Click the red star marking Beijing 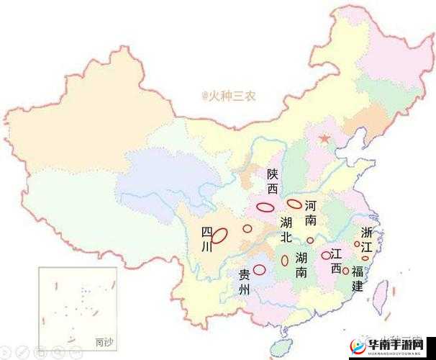(x=325, y=138)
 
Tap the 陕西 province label (x=271, y=181)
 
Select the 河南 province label (x=310, y=212)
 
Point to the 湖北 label (x=286, y=229)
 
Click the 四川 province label (x=206, y=239)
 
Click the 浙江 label (x=367, y=240)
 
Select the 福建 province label (x=358, y=279)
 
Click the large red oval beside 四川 (x=220, y=235)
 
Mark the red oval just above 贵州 (x=260, y=269)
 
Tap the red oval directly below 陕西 (x=265, y=207)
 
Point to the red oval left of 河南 (x=294, y=204)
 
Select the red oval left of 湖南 (x=285, y=260)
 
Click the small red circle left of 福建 (x=345, y=271)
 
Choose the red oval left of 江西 (x=325, y=255)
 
